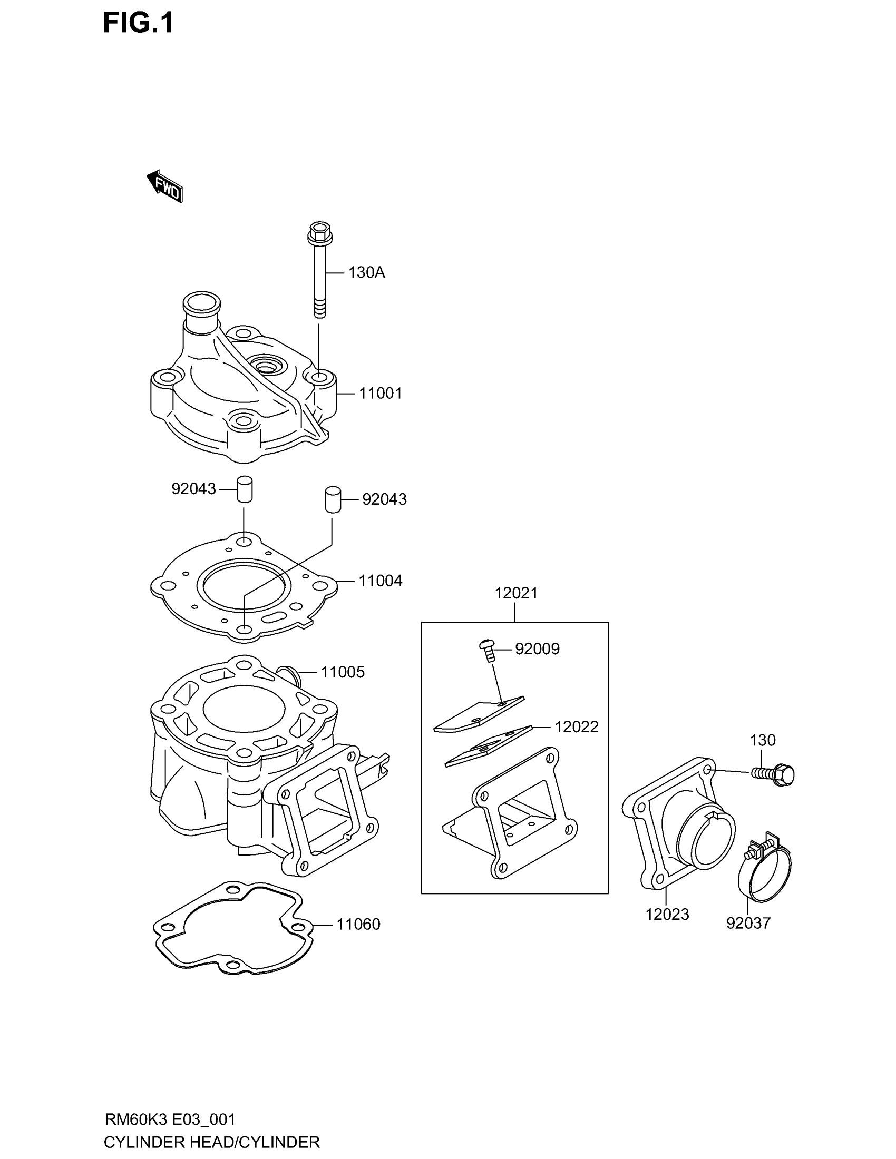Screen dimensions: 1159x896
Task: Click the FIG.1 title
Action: (138, 24)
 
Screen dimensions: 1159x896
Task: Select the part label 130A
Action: (366, 273)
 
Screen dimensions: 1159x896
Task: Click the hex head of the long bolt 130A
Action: (317, 232)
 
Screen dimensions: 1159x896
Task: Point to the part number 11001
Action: (380, 393)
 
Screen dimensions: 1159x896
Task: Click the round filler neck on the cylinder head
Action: (201, 304)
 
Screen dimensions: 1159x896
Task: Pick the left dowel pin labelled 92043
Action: (244, 489)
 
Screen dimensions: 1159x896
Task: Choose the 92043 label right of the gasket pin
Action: (384, 499)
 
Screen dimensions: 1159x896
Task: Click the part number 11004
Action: (380, 581)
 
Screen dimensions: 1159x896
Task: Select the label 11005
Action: (343, 672)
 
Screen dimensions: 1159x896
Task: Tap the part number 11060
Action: (358, 925)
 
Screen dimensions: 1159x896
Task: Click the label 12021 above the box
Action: (516, 593)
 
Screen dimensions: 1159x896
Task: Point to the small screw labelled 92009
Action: (488, 650)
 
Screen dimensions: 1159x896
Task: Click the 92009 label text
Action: (537, 649)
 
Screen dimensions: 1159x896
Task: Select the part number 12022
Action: (577, 726)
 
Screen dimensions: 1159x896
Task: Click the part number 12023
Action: (667, 915)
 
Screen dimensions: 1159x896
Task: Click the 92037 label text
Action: (748, 924)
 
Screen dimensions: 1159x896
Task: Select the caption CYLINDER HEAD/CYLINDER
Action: (212, 1142)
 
